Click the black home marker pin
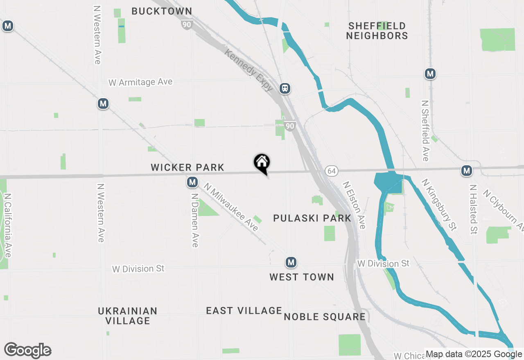[262, 163]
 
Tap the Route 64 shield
[331, 171]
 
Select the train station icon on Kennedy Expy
[285, 88]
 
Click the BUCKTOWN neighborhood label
[162, 11]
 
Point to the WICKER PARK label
[187, 167]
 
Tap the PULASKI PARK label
[312, 218]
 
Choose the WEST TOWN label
[302, 277]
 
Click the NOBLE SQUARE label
[325, 317]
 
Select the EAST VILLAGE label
[244, 310]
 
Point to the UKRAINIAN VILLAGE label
[128, 315]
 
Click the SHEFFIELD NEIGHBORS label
[377, 31]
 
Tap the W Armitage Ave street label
[140, 82]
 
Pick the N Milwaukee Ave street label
[232, 207]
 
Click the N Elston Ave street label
[354, 205]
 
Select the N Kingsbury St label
[439, 204]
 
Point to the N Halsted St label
[474, 209]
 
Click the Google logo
[27, 350]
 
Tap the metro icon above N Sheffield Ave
[430, 74]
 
